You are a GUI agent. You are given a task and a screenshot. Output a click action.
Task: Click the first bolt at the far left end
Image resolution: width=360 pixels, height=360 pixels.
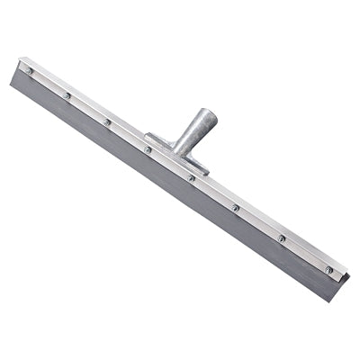point(29,70)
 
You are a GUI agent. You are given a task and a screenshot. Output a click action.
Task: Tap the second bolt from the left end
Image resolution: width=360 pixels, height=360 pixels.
point(67,95)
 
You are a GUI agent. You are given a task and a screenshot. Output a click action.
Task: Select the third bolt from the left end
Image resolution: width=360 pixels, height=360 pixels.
point(107,121)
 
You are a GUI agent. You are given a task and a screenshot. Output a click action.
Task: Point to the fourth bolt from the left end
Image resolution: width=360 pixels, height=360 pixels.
point(148,148)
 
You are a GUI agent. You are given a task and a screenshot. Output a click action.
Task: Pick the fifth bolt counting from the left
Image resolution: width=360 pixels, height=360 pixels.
point(191,177)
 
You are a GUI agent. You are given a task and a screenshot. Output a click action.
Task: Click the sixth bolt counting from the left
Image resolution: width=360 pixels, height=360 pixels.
point(235,207)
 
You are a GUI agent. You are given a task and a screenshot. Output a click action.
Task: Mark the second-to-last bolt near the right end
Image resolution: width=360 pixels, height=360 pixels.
point(282,238)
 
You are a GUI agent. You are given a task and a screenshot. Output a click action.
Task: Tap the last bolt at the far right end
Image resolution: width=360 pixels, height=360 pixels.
point(328,269)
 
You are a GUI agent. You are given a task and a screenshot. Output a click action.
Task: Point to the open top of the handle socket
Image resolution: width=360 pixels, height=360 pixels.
point(208,114)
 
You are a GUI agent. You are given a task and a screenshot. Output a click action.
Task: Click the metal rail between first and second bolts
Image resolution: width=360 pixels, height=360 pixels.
point(49,83)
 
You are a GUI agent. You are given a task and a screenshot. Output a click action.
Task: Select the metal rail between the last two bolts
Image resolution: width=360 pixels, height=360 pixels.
point(305,253)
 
